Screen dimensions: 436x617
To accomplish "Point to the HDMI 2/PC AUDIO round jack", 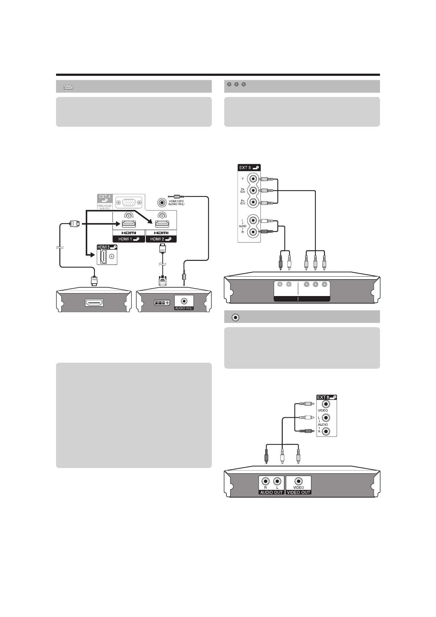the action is (x=162, y=202).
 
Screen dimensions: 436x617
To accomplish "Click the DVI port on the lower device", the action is (x=162, y=303).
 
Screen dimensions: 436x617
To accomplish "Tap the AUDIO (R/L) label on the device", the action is (x=184, y=308).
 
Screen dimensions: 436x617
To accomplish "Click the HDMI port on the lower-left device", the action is (x=94, y=302).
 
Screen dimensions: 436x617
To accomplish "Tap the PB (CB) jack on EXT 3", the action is (x=252, y=191).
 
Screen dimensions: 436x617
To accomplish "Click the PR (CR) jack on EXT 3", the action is (x=252, y=203).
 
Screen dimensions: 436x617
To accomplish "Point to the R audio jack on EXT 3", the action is (x=252, y=232).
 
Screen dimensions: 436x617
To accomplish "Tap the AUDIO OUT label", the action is (x=271, y=492).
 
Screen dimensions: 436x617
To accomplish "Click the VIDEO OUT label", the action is (x=299, y=492).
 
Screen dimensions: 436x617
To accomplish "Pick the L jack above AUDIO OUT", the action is (x=277, y=481).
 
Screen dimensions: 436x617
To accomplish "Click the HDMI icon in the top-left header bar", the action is (x=69, y=87).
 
